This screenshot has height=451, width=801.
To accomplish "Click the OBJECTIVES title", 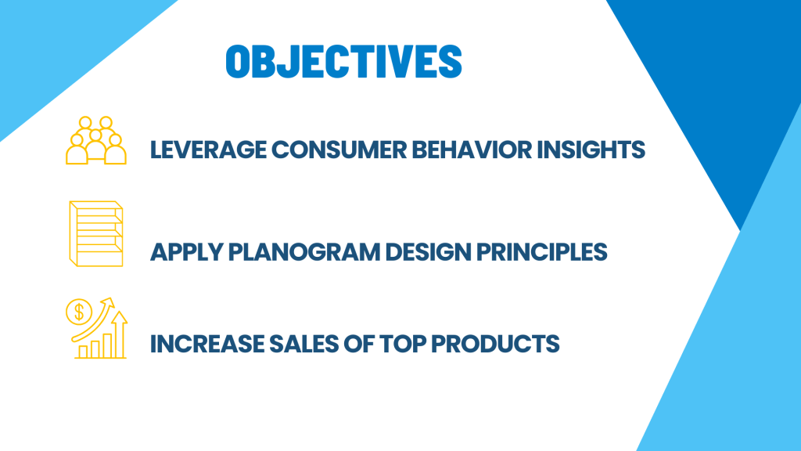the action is click(344, 61).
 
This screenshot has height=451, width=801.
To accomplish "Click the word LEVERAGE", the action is click(208, 150).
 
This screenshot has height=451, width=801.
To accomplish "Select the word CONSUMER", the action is click(339, 150).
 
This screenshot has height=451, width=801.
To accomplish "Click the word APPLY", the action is click(187, 252).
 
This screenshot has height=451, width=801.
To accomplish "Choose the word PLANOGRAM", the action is click(304, 252).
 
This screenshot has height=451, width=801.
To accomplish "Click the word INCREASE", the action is click(207, 344).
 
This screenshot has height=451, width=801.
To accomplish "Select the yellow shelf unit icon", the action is click(96, 233).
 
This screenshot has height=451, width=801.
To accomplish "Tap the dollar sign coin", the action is click(79, 312).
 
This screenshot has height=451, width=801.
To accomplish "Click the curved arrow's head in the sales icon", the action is click(108, 302).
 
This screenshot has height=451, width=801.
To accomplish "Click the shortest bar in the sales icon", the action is click(83, 352).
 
